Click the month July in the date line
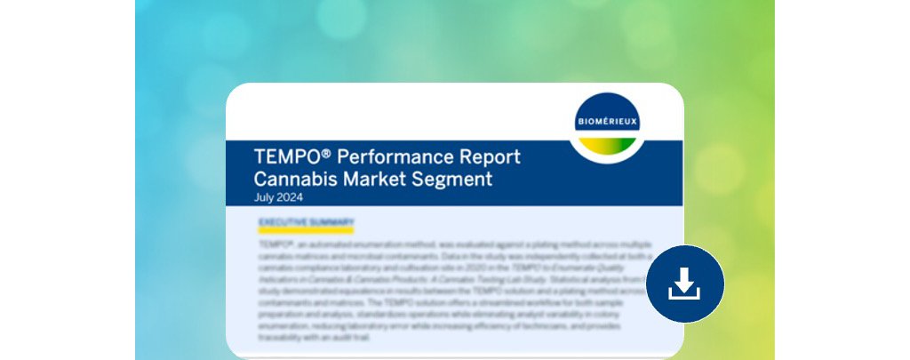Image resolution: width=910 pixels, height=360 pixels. click(x=265, y=197)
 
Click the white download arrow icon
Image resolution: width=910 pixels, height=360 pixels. click(x=684, y=284)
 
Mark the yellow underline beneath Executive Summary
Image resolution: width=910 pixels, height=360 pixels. click(x=306, y=231)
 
